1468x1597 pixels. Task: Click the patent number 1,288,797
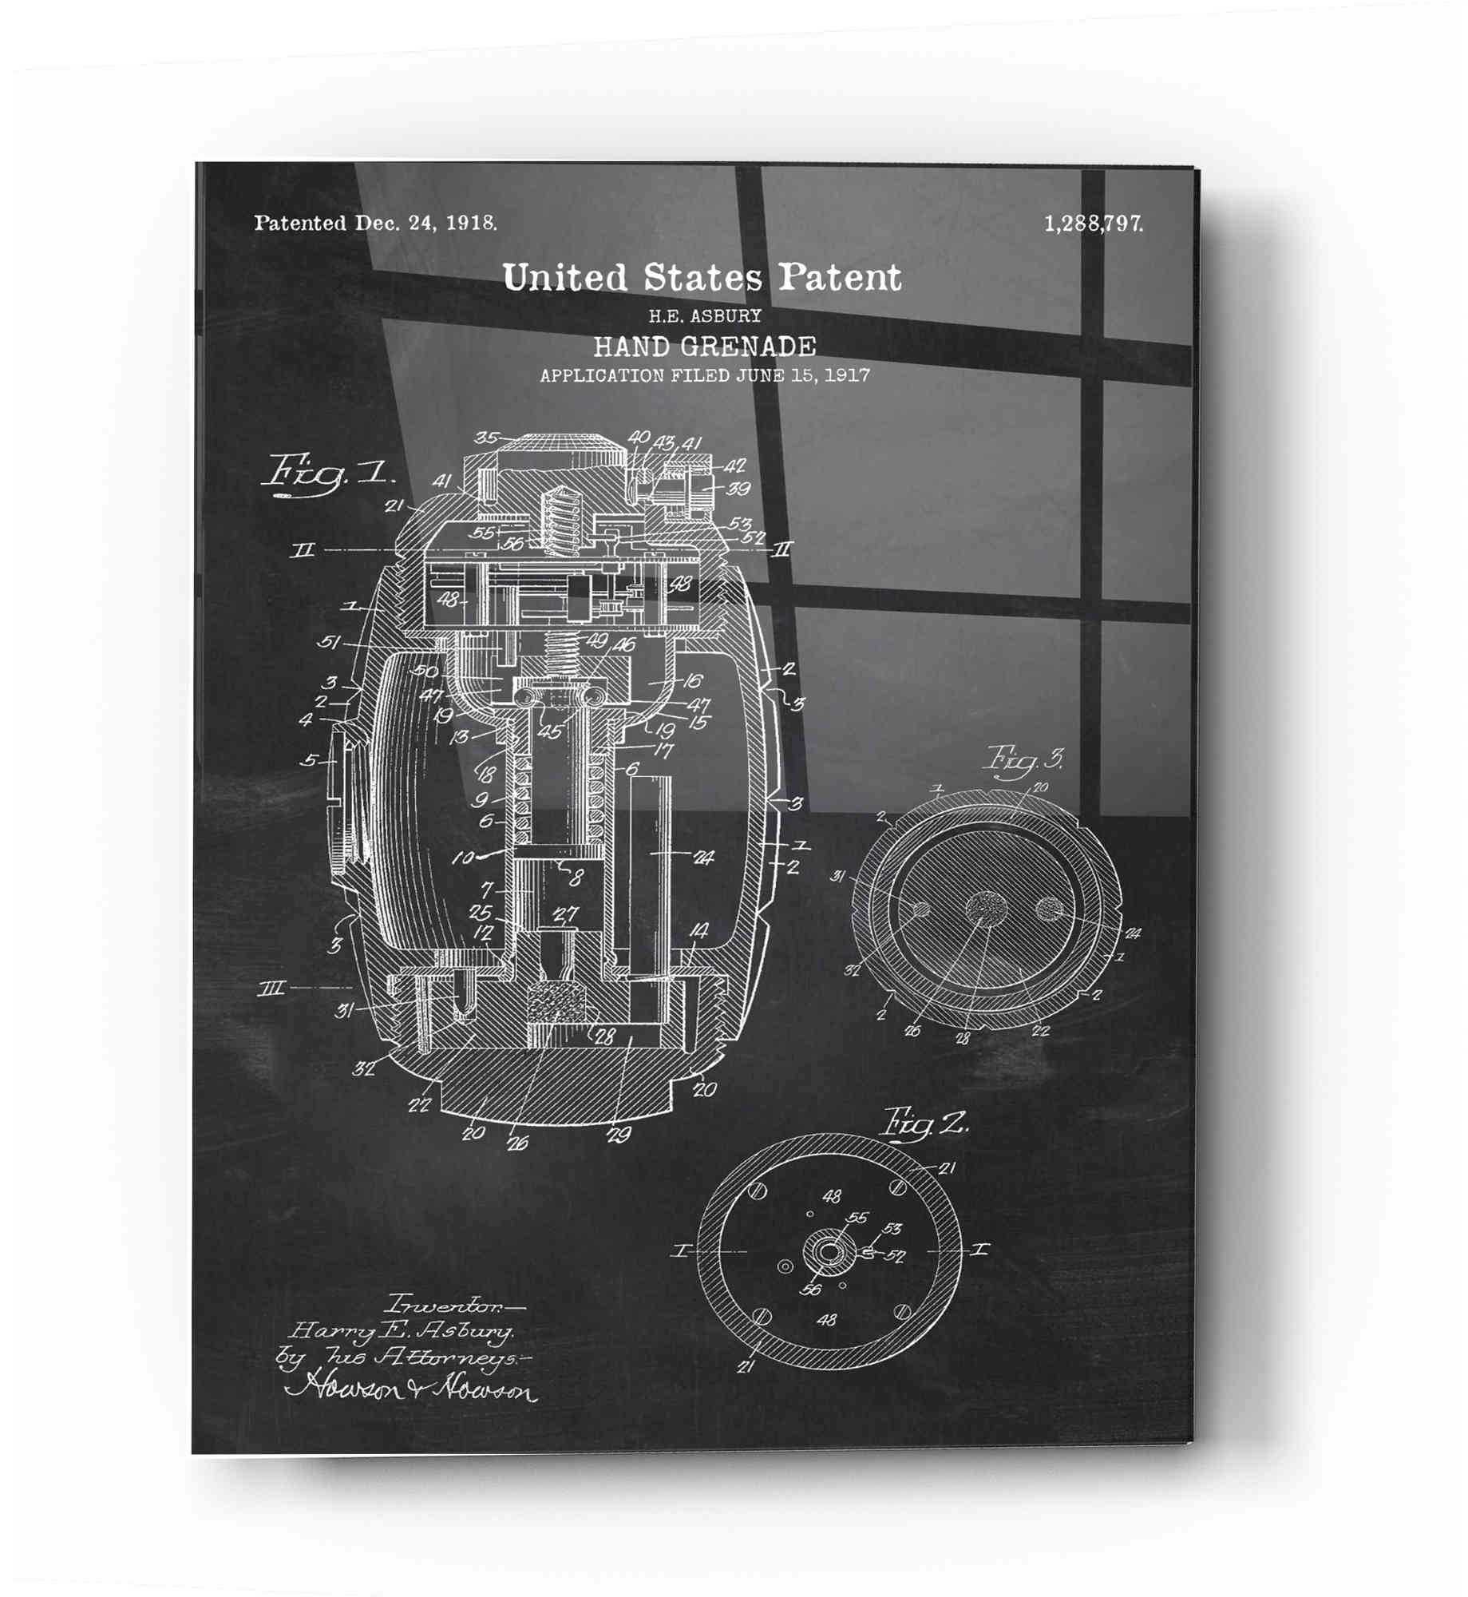tap(1093, 224)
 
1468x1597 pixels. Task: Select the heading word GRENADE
tap(748, 347)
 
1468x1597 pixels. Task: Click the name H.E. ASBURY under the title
tap(704, 316)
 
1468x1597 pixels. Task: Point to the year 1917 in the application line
tap(847, 375)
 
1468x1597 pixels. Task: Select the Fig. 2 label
tap(924, 1125)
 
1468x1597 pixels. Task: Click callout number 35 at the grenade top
tap(486, 438)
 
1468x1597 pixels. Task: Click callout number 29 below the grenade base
tap(619, 1135)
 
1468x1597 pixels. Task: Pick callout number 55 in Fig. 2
tap(857, 1218)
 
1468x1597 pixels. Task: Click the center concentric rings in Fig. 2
tap(827, 1251)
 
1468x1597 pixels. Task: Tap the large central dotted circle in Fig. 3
tap(986, 909)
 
